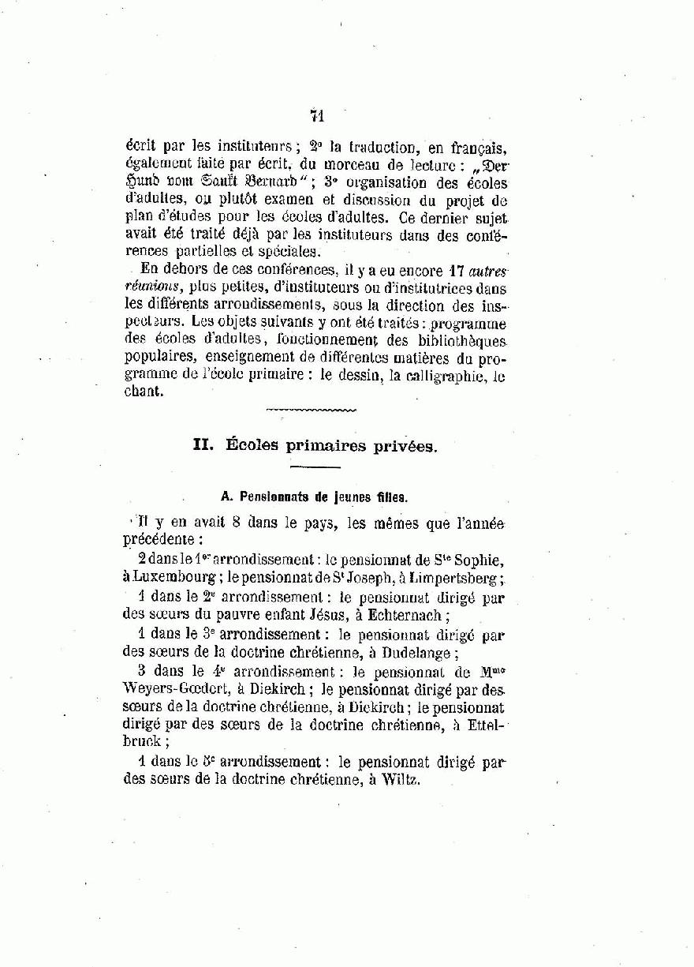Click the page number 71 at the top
coord(318,116)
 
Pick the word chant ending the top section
coord(144,392)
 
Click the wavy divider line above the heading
coord(311,410)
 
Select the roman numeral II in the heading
coord(203,445)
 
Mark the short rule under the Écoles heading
coord(314,468)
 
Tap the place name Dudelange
coord(415,653)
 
